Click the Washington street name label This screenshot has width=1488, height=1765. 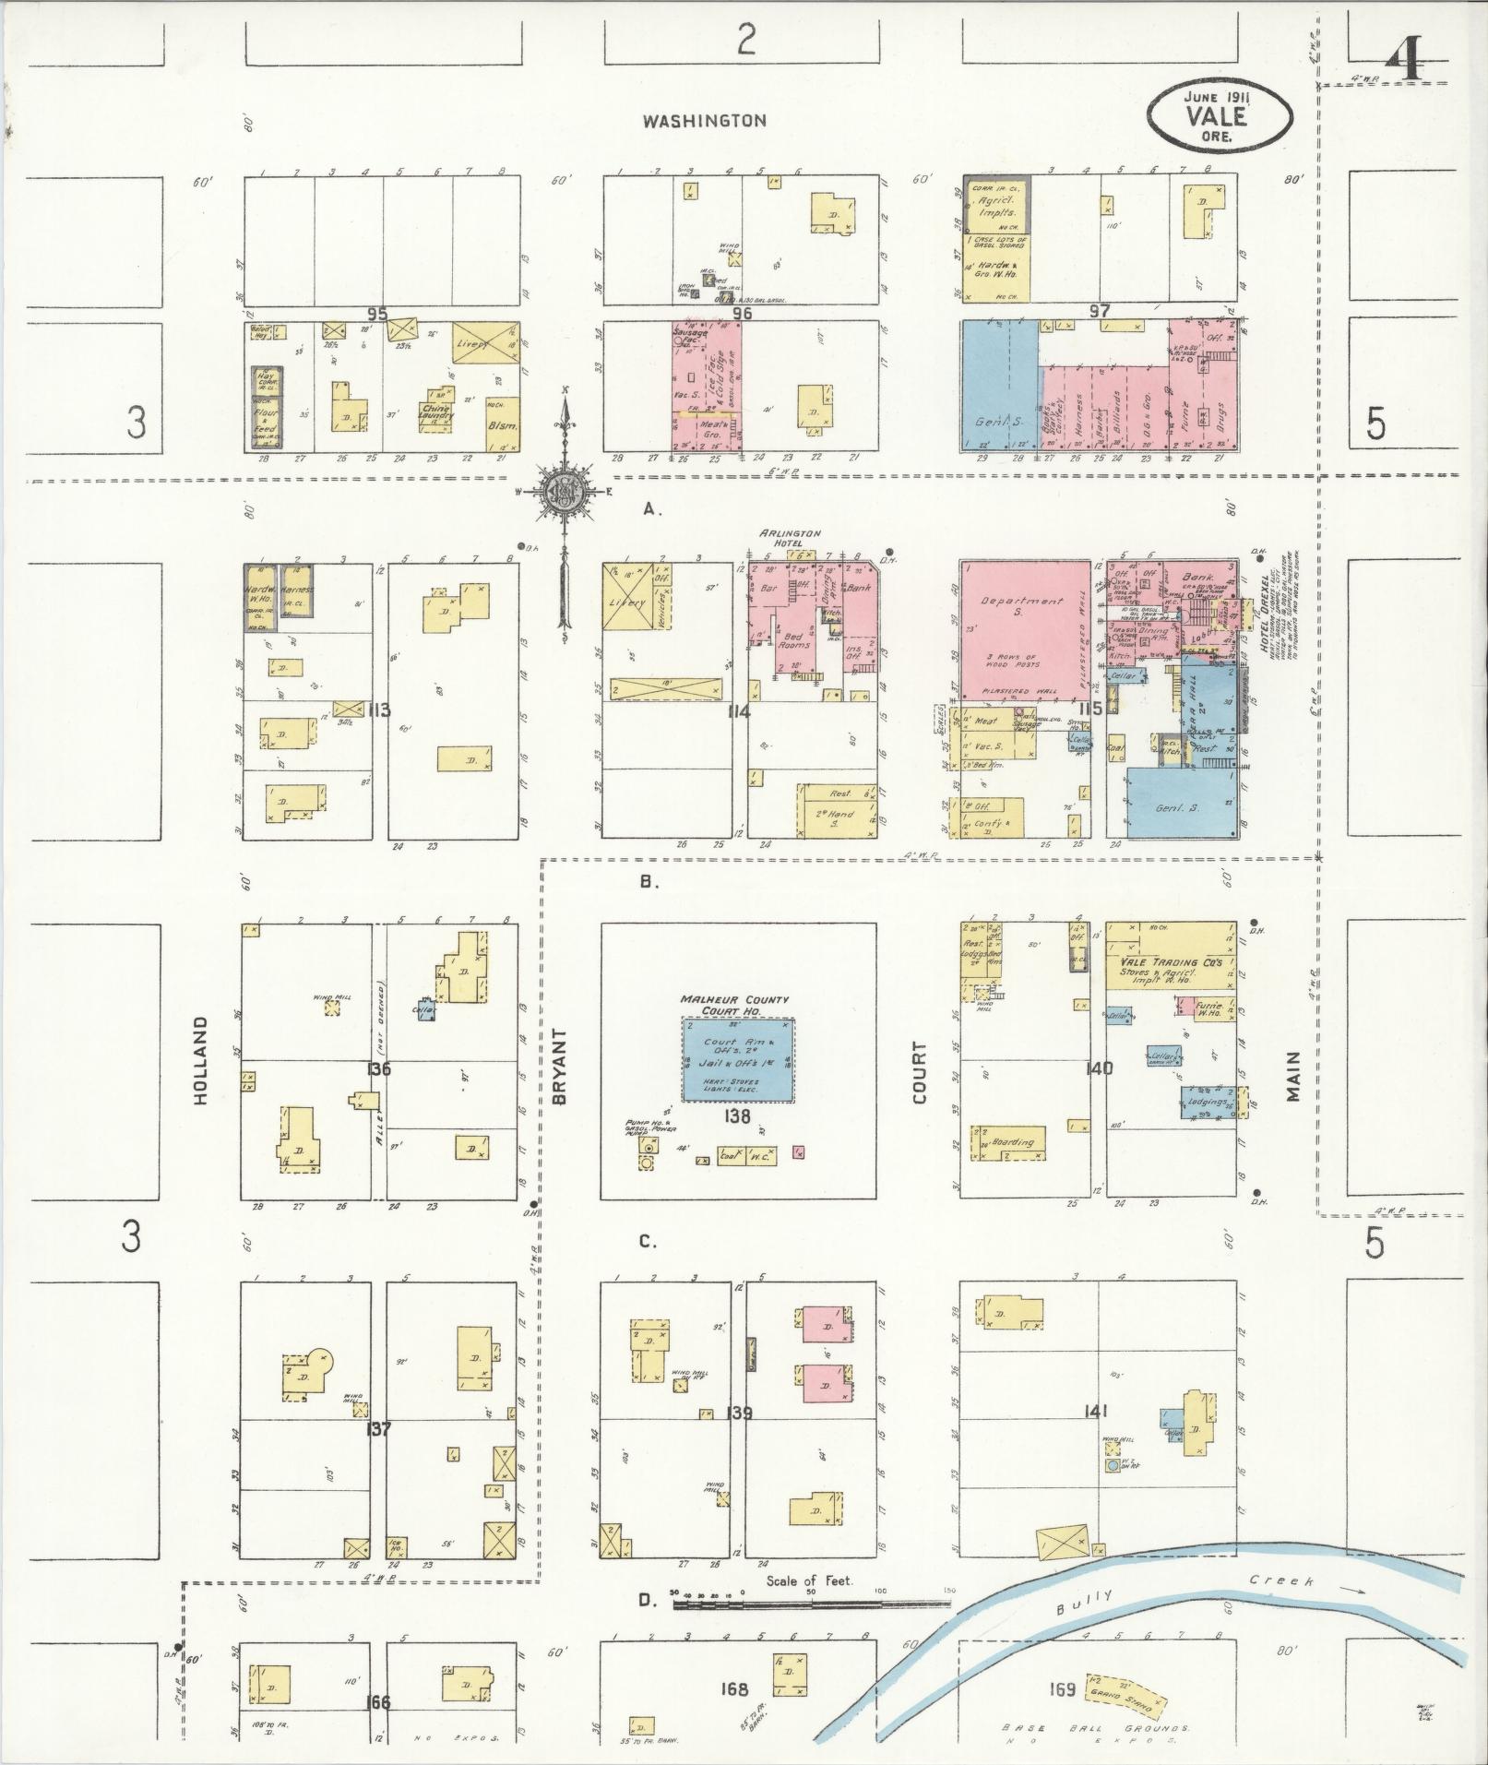coord(705,121)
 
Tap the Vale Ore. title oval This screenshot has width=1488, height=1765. coord(1220,116)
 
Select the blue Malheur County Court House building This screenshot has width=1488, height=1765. coord(739,1059)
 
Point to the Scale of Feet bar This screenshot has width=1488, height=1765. coord(812,1605)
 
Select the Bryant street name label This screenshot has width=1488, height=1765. coord(559,1065)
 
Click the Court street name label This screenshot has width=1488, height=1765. coord(919,1072)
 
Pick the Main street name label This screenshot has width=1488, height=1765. coord(1292,1075)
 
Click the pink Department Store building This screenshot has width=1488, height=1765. coord(1023,627)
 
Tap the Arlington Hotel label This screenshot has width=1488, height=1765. coord(790,539)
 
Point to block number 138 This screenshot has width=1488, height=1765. coord(738,1115)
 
